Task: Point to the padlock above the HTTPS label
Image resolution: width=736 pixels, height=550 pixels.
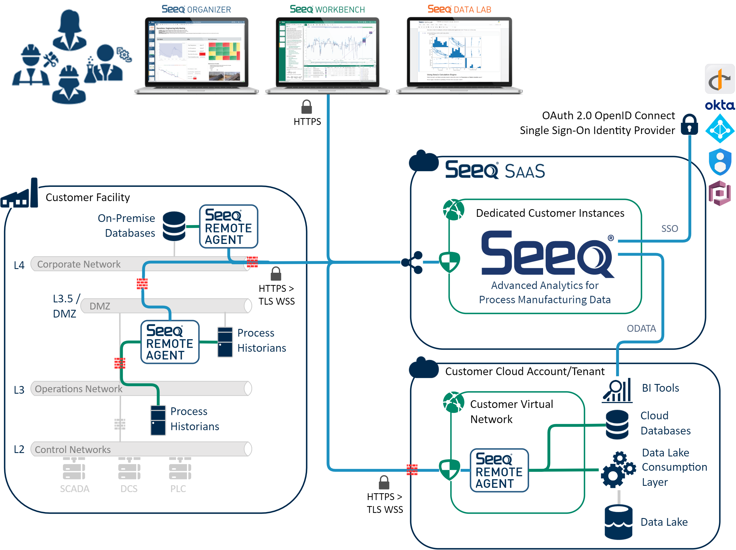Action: [x=306, y=107]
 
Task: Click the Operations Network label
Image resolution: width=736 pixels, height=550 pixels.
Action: [x=78, y=389]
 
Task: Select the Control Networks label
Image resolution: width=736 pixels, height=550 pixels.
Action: [x=72, y=450]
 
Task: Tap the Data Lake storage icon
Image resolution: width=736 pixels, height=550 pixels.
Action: [x=618, y=522]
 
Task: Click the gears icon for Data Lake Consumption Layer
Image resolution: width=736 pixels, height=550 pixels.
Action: [x=617, y=469]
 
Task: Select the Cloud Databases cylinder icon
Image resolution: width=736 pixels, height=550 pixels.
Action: [x=617, y=424]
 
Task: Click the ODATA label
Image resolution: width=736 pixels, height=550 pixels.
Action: [x=641, y=329]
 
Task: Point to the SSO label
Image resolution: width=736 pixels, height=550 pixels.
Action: [x=669, y=229]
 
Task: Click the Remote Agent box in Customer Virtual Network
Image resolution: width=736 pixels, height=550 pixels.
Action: [x=499, y=470]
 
